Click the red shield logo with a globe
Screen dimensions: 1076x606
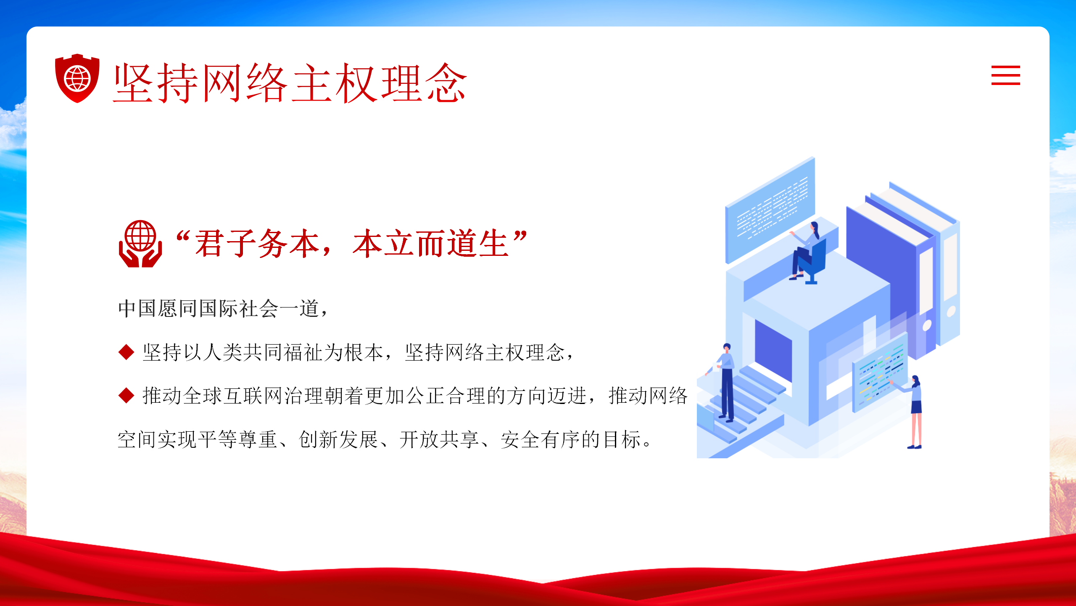point(77,78)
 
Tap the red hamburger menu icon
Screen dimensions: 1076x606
point(1005,75)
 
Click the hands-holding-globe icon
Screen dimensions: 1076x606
point(140,244)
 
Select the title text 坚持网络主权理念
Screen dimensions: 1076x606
point(290,83)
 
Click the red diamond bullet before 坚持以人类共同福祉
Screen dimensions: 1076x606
point(126,352)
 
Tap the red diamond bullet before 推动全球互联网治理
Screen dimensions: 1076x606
point(126,395)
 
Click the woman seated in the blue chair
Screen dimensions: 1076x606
point(805,250)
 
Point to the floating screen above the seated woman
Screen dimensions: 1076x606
point(770,210)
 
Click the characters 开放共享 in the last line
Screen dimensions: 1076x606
point(439,439)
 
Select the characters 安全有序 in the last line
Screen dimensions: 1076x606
point(540,439)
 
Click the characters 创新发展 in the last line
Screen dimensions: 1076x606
point(338,439)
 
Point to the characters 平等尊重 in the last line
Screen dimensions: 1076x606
point(237,439)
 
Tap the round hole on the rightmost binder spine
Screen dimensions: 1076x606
point(951,312)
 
